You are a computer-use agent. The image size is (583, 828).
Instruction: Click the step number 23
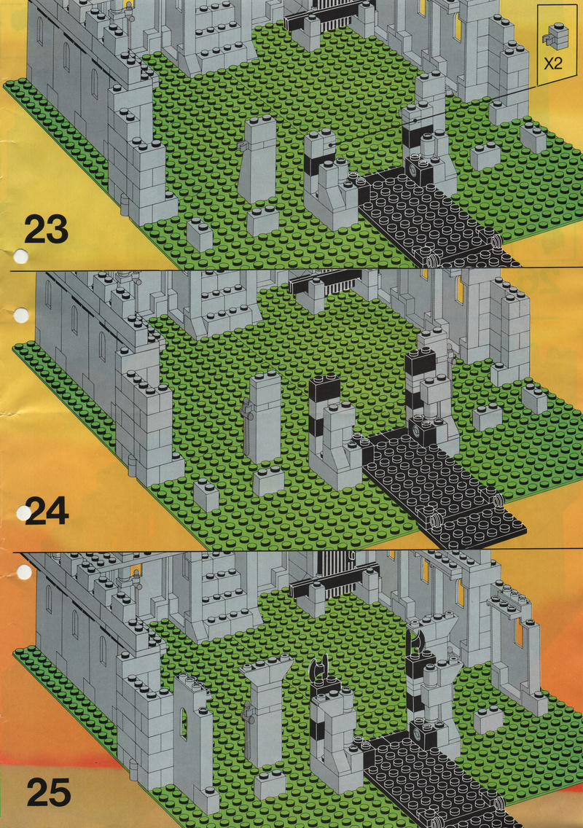coord(46,229)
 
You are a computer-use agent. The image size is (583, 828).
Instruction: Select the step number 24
coord(47,511)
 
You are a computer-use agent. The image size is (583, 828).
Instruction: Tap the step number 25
coord(49,792)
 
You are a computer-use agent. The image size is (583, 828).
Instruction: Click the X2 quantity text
coord(553,64)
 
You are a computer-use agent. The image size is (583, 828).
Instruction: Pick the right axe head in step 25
coord(415,639)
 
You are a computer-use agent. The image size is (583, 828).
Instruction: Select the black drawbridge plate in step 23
coord(433,216)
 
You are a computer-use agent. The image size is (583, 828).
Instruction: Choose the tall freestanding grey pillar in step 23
coord(257,157)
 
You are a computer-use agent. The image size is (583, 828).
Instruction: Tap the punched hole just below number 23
coord(20,257)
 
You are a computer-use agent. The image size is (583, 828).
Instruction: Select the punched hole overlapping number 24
coord(24,512)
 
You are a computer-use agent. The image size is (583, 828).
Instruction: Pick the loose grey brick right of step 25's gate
coord(488,719)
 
